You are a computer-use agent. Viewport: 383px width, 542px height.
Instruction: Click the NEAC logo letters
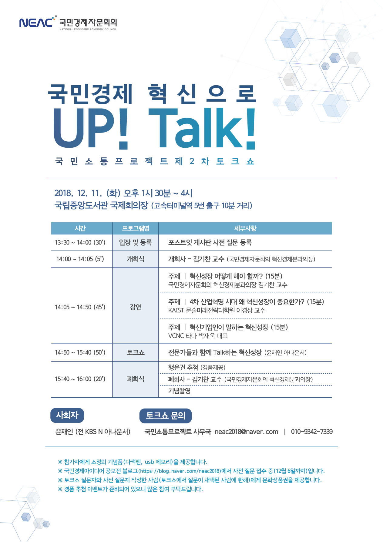coord(37,22)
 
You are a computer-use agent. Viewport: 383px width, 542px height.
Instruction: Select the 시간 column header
coord(80,228)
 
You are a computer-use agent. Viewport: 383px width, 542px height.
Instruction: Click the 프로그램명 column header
coord(136,228)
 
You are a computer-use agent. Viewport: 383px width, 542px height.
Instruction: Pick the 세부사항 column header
coord(245,228)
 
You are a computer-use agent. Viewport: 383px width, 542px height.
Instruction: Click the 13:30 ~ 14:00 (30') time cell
coord(80,242)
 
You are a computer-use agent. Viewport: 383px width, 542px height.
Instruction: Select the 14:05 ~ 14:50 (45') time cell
coord(80,307)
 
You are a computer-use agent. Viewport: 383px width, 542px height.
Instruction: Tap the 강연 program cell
coord(136,307)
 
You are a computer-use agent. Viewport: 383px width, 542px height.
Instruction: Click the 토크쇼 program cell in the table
coord(136,352)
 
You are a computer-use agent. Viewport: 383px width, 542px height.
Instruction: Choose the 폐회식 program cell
coord(136,379)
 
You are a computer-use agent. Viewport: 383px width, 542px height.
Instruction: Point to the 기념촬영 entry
coord(180,391)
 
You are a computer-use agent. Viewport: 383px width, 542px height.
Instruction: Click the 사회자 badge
coord(67,415)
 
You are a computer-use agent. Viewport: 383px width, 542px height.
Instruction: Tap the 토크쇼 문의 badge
coord(166,416)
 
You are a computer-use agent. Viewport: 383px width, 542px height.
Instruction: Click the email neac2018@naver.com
coord(246,432)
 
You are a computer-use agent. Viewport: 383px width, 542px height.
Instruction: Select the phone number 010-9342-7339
coord(312,432)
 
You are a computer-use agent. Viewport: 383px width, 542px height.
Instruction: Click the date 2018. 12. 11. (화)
coord(87,193)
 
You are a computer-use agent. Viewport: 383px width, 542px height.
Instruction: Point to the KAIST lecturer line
coord(217,310)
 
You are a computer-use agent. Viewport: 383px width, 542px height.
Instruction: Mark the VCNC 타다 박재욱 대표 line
coord(198,336)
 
